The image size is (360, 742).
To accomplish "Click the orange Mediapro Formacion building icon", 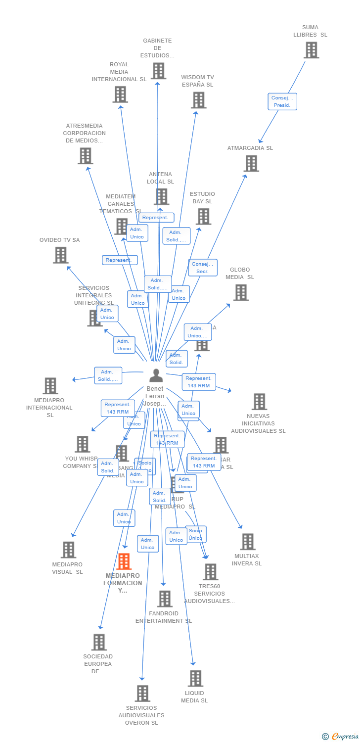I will (124, 561).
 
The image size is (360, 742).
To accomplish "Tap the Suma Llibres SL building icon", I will (311, 50).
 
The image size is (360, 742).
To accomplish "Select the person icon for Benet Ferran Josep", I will (156, 375).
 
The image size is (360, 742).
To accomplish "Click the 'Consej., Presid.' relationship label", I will (282, 101).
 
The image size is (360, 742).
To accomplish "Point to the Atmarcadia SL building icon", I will (251, 163).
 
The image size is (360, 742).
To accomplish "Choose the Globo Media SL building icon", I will (241, 292).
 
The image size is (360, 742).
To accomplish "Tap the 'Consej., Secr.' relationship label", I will (202, 268).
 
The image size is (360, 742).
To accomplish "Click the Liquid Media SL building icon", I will (195, 678).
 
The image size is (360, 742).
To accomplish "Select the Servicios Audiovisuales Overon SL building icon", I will (142, 694).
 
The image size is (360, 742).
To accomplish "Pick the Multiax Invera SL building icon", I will (248, 542).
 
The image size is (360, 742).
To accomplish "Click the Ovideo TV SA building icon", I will (60, 255).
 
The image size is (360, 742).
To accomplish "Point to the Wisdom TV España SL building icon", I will (198, 100).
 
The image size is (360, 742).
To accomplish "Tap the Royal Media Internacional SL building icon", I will (120, 94).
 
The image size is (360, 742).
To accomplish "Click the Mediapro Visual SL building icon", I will (68, 550).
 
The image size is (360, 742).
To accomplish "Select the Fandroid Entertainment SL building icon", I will (165, 599).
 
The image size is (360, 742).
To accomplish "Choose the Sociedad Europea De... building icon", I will (99, 642).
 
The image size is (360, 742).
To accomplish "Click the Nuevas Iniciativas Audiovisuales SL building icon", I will (259, 402).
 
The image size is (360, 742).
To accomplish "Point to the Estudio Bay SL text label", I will (202, 198).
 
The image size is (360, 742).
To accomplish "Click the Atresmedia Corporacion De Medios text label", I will (84, 133).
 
